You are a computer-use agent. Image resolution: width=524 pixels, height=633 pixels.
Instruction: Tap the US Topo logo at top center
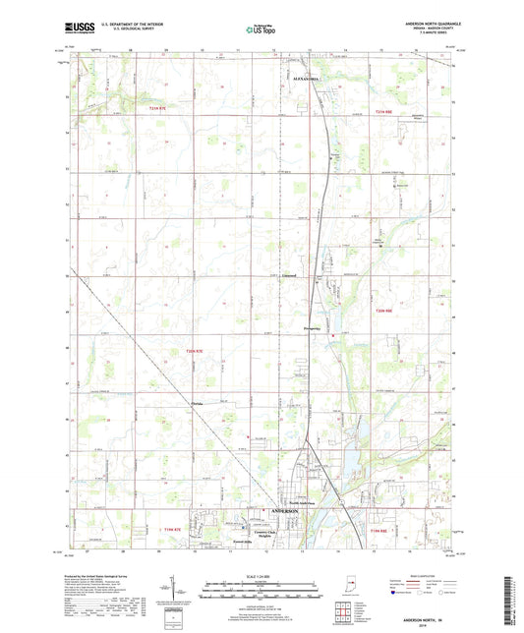(261, 30)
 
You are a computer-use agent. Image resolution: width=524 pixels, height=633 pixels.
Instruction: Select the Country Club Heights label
(258, 528)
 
